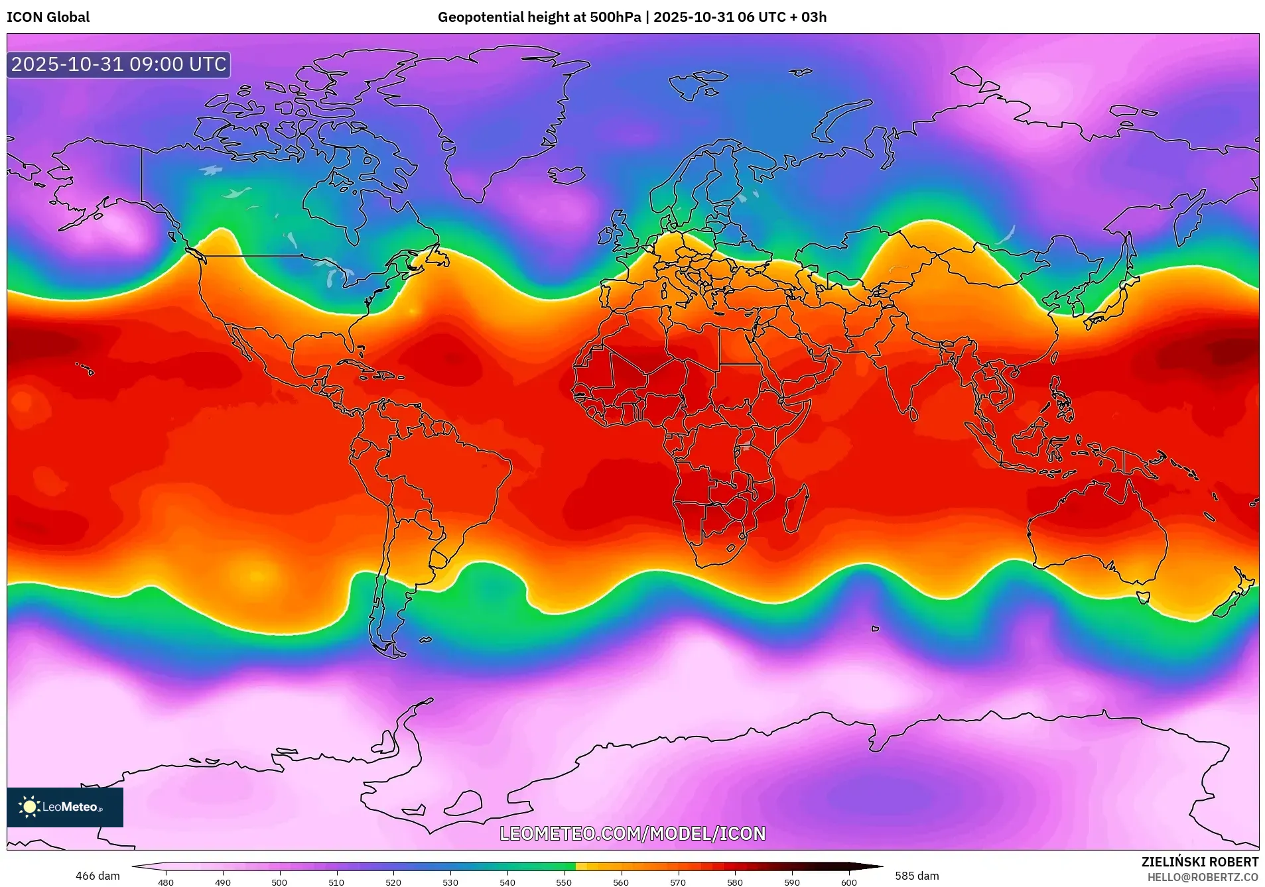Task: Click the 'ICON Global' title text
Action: click(x=48, y=17)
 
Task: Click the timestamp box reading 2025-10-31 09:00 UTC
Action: click(x=119, y=65)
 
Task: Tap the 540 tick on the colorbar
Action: click(x=507, y=882)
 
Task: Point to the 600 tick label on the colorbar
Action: click(x=849, y=882)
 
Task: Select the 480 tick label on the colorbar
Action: click(x=166, y=882)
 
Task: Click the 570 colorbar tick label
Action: click(x=678, y=882)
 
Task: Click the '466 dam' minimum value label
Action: click(x=98, y=876)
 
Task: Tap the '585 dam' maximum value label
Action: click(x=917, y=876)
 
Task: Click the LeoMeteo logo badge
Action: click(x=65, y=807)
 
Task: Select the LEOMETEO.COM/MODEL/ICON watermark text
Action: click(x=632, y=833)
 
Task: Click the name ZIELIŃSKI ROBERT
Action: click(x=1199, y=862)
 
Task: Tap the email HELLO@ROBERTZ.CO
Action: click(x=1202, y=877)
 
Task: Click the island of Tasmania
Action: click(x=1142, y=597)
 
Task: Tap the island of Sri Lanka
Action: click(x=913, y=414)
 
